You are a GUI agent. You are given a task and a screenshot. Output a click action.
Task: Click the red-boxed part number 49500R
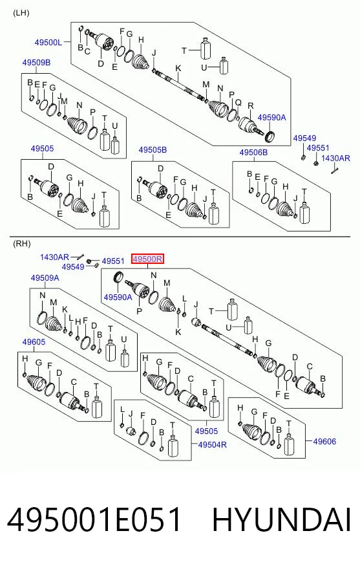coord(147,259)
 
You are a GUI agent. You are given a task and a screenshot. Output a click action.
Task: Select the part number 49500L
coord(48,43)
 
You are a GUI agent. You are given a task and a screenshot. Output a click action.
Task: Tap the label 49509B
coord(36,63)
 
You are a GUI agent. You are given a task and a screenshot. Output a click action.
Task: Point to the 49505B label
coord(153,150)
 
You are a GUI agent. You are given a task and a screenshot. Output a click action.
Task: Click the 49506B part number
coord(253,153)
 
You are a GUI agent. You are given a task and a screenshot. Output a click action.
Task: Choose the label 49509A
coord(45,278)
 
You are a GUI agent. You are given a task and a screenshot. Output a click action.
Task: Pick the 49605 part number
coord(34,342)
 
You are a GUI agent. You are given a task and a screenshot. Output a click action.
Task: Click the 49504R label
coord(213,444)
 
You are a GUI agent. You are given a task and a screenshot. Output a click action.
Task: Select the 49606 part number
coord(324,441)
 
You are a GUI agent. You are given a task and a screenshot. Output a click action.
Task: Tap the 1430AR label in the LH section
coord(335,158)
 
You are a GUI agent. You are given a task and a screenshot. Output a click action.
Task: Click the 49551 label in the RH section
coord(113,261)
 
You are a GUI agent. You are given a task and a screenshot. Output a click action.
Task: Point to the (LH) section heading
coord(21,14)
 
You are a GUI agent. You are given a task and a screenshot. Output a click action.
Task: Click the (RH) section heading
coord(22,243)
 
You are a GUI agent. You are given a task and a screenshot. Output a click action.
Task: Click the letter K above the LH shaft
coord(178,69)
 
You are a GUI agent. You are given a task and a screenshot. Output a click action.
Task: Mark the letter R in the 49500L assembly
coord(251,106)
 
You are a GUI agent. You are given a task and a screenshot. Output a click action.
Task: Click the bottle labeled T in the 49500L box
coord(205,49)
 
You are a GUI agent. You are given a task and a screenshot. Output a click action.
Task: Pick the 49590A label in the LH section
coord(272,117)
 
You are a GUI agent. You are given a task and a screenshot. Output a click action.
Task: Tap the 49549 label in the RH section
coord(73,267)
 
